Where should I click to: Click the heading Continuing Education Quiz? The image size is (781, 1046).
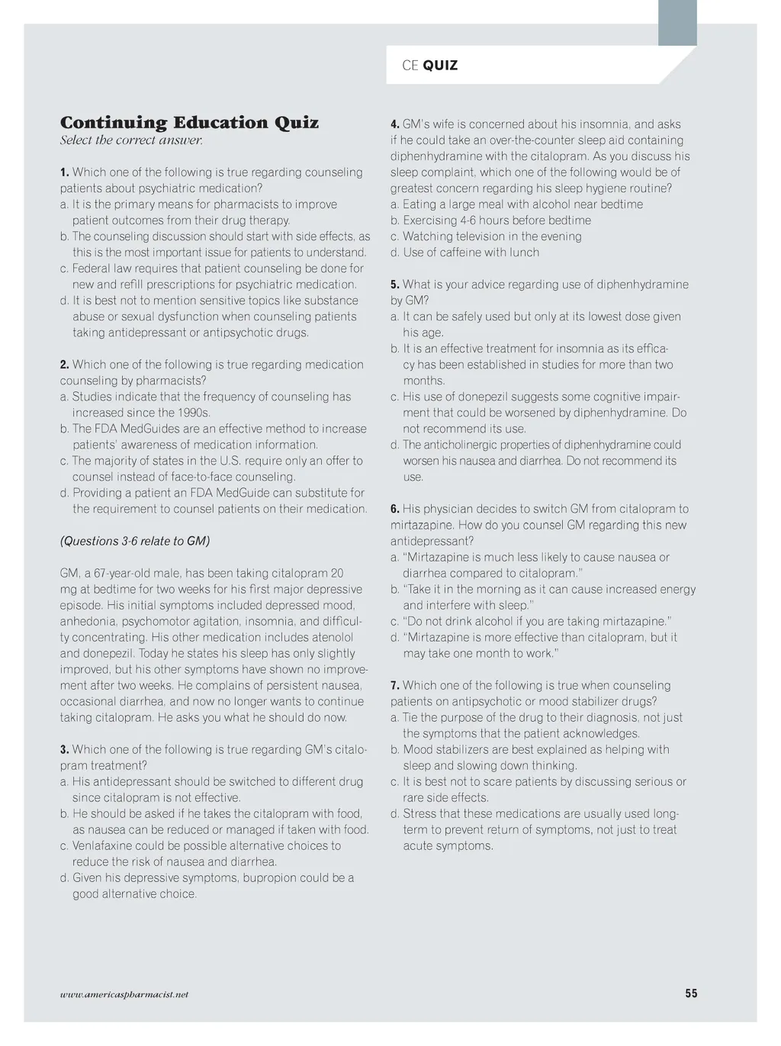189,123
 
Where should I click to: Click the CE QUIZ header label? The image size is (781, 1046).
429,66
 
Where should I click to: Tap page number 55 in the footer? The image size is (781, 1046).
691,993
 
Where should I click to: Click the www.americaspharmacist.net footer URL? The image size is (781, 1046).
124,995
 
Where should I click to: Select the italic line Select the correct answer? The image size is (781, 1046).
131,140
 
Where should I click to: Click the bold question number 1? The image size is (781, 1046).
65,172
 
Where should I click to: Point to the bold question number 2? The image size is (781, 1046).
65,365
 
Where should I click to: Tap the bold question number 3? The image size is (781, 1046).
65,749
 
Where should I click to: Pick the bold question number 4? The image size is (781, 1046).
395,124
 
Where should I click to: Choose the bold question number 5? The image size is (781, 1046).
395,285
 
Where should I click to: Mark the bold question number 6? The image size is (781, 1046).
395,509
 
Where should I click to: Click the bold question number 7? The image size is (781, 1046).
395,685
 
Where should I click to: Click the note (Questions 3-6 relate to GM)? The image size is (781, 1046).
135,541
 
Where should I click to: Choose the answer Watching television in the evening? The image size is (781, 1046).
492,237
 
